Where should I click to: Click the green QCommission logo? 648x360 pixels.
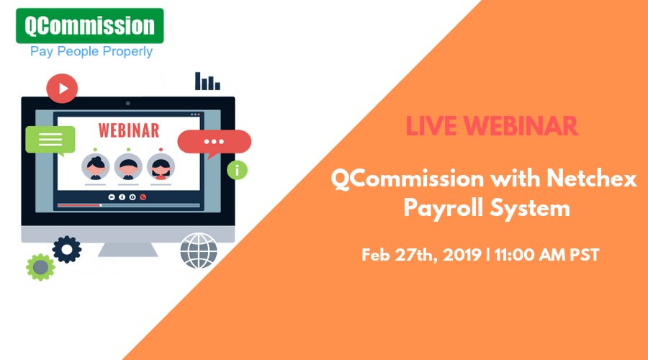click(90, 25)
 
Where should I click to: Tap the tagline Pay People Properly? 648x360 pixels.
click(91, 52)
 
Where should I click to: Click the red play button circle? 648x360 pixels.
click(62, 89)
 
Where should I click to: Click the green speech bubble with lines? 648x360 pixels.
click(50, 140)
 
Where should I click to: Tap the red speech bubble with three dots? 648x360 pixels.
click(214, 142)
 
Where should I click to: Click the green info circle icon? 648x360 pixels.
click(236, 170)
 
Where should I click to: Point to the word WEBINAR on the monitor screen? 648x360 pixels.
click(129, 131)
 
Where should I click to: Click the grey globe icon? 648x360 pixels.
click(198, 250)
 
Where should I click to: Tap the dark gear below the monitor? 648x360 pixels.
click(67, 249)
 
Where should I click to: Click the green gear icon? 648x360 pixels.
click(40, 266)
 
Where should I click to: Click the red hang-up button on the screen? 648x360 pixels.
click(143, 197)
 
